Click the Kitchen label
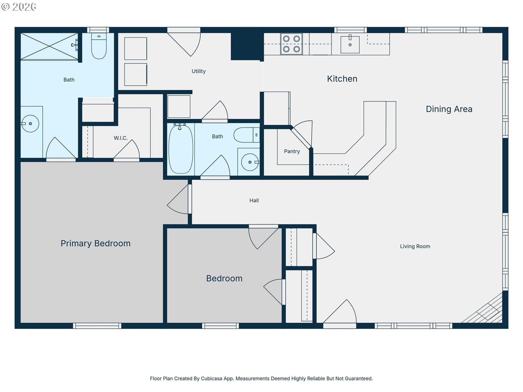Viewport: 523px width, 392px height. point(342,79)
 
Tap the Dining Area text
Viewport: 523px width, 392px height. point(449,109)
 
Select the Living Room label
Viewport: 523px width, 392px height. point(415,246)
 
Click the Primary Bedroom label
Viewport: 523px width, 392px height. point(95,243)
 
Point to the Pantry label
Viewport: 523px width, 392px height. point(292,151)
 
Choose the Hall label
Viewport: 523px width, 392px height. point(254,200)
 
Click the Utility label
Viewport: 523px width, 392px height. point(198,72)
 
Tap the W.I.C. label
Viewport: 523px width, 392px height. point(121,138)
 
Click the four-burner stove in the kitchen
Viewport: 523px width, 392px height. point(291,44)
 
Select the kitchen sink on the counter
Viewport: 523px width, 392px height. point(350,44)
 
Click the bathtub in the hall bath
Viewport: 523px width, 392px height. point(181,149)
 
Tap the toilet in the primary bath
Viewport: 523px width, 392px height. point(99,46)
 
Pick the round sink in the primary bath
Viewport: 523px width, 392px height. point(30,123)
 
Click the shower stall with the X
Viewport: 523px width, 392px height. point(49,46)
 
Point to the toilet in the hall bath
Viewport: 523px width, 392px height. point(246,135)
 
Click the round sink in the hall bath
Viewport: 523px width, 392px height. point(250,162)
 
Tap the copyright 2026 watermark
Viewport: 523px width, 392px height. point(19,7)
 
